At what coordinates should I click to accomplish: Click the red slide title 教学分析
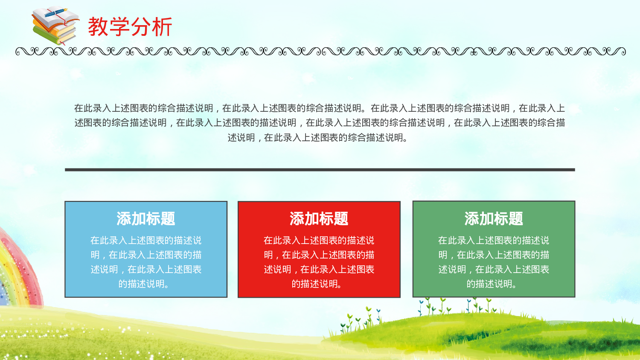[130, 27]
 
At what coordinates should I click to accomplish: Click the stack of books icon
[55, 26]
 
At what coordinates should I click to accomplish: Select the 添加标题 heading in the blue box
[146, 219]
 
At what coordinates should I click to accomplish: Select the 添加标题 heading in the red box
[319, 219]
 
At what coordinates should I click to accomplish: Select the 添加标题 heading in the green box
[494, 219]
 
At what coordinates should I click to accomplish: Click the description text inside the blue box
[146, 262]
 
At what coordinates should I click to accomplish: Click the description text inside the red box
[319, 262]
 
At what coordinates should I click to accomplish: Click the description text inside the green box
[494, 262]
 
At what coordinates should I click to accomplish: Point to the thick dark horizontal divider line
[320, 170]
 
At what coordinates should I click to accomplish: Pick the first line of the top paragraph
[320, 108]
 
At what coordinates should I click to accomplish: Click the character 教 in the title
[98, 27]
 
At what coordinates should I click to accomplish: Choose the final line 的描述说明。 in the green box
[492, 284]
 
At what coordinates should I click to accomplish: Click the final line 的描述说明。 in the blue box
[144, 284]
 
